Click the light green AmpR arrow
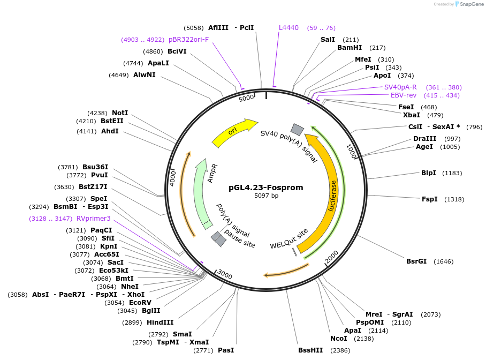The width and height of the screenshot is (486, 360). (202, 193)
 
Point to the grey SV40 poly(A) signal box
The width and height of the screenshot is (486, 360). (297, 129)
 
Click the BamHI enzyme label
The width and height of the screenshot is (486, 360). (350, 48)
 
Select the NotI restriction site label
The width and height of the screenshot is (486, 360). (120, 113)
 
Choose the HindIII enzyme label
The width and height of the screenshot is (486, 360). (161, 322)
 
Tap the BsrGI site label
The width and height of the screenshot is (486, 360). (416, 261)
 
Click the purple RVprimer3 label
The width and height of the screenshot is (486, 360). (94, 219)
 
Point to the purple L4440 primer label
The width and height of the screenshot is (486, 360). (289, 27)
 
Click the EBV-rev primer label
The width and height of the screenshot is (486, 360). (404, 95)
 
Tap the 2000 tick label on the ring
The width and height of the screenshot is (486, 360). (332, 257)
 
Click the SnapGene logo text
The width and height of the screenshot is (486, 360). (471, 4)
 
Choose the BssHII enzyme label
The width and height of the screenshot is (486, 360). (310, 350)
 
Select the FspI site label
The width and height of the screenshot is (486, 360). (429, 199)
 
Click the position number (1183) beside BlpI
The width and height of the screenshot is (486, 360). (451, 173)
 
